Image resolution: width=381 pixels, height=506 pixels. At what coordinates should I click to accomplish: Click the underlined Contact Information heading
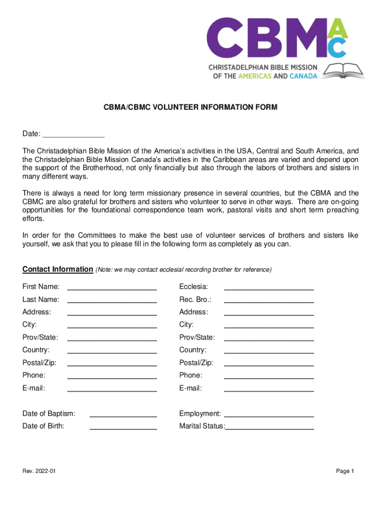[57, 270]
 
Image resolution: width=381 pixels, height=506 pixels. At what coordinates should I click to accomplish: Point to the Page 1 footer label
[345, 471]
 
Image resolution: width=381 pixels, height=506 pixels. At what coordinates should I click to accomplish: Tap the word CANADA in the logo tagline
[303, 77]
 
